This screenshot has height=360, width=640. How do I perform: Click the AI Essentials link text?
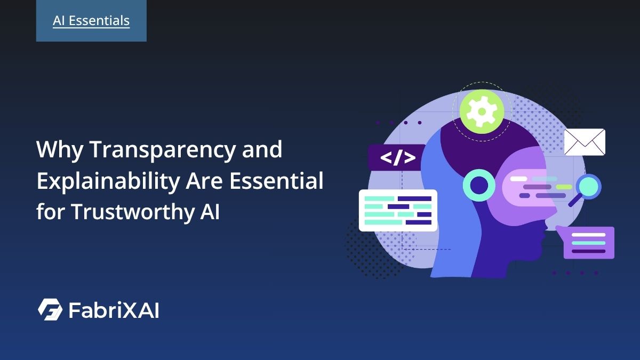click(91, 21)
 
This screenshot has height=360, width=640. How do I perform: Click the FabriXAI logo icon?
click(50, 310)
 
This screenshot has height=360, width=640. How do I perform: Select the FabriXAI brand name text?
click(114, 310)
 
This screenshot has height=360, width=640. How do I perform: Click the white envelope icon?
click(585, 142)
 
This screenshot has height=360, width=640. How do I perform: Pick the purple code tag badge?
click(397, 158)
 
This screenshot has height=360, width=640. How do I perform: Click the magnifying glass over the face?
click(587, 188)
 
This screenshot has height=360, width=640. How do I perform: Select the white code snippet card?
click(398, 210)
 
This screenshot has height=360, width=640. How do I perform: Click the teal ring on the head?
click(479, 185)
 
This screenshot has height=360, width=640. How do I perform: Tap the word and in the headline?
click(261, 151)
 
